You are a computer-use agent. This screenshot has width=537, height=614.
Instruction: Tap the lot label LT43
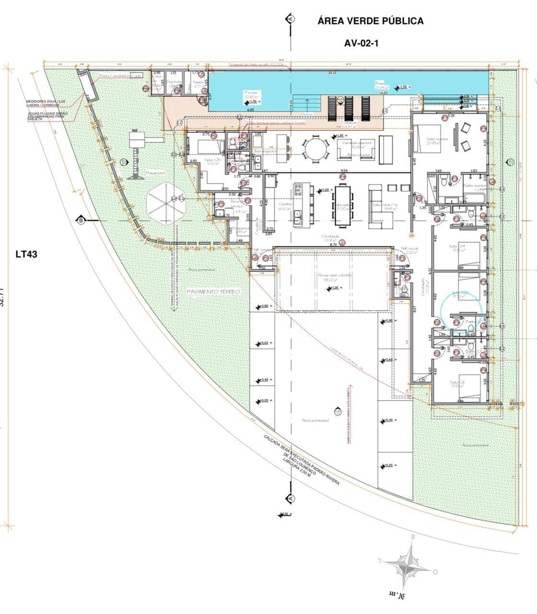tap(26, 254)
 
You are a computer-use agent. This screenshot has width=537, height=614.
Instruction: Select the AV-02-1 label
tap(361, 43)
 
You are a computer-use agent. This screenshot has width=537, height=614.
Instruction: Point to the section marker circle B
tap(82, 220)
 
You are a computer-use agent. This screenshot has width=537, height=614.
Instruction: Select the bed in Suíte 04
tap(470, 252)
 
